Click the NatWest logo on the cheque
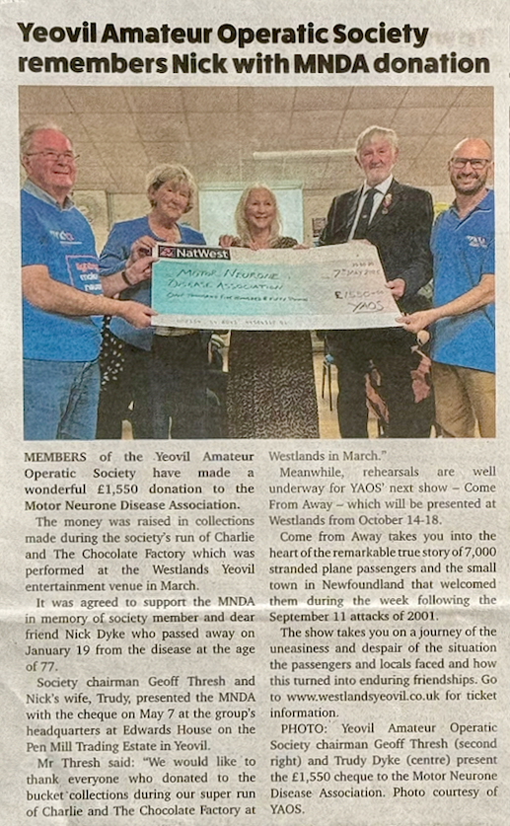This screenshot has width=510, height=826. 193,253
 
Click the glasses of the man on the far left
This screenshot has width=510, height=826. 52,156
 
